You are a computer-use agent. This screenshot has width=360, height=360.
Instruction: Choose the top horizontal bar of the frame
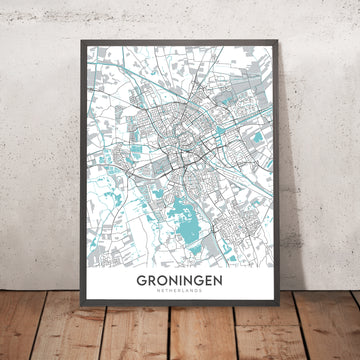click(180, 43)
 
